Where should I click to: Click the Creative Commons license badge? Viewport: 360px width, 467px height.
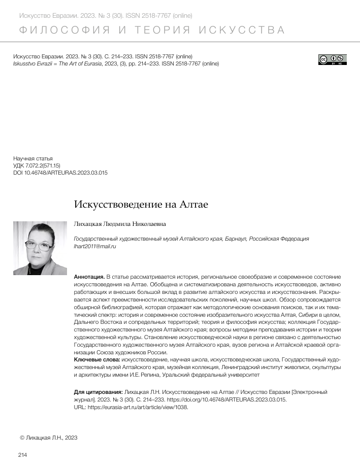pos(333,59)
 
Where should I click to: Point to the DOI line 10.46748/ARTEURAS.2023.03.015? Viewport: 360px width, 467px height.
pos(60,173)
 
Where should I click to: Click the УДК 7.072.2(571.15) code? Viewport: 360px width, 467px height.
pos(37,165)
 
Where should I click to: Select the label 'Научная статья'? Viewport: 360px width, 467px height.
pos(32,158)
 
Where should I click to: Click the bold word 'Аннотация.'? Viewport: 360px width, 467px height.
pos(89,277)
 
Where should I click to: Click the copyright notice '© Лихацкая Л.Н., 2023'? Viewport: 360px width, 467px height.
pos(48,437)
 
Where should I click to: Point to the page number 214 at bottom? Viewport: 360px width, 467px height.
pos(22,455)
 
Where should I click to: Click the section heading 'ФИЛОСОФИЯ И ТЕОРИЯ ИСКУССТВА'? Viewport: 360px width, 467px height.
pos(151,30)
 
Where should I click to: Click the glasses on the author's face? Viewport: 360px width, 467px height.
pos(39,246)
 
